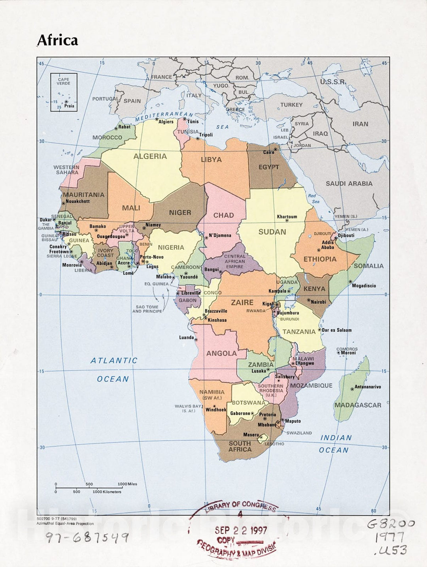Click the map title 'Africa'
(58, 40)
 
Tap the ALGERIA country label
(150, 156)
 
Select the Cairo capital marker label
(269, 152)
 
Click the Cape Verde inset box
(64, 92)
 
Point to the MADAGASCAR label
(358, 405)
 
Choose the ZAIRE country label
(242, 302)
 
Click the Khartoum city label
(287, 217)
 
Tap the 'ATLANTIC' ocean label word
(114, 360)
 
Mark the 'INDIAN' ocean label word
(336, 437)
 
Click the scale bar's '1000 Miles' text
(127, 484)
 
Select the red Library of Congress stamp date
(241, 530)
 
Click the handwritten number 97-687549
(87, 537)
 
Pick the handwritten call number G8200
(391, 524)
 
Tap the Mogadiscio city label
(364, 285)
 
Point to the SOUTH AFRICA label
(240, 446)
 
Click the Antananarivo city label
(368, 387)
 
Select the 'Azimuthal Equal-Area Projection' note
(65, 524)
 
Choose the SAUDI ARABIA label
(349, 184)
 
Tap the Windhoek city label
(216, 410)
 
